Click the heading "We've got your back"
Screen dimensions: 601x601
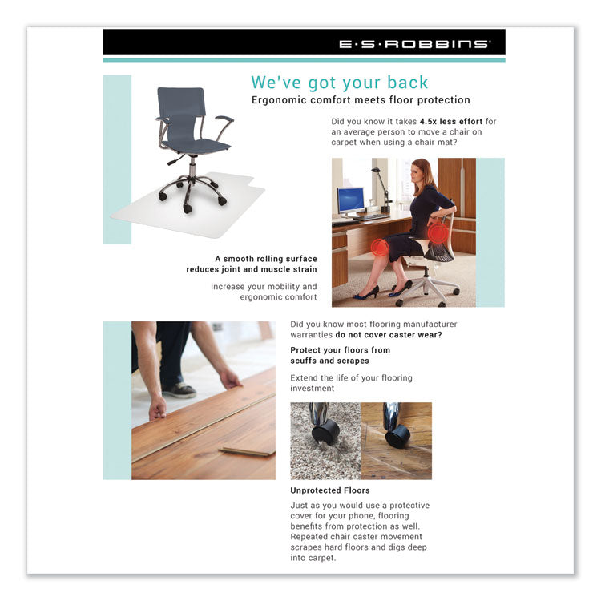[340, 82]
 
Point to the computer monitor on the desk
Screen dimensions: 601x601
[350, 200]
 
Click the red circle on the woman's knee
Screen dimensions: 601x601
[379, 246]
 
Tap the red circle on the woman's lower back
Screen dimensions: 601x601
[437, 233]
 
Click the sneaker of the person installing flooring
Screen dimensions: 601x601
[181, 389]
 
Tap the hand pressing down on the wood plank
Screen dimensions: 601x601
[158, 410]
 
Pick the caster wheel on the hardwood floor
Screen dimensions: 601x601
[397, 436]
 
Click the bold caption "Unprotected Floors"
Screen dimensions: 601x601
[330, 490]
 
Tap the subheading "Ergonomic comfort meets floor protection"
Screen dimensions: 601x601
[361, 100]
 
